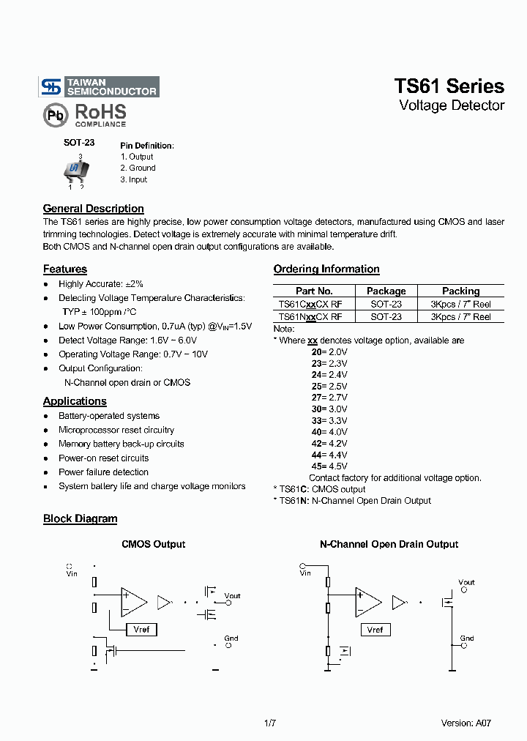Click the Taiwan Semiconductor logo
point(99,87)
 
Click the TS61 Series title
point(449,86)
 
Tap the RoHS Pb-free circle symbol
point(56,115)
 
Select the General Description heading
point(93,209)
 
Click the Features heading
point(64,269)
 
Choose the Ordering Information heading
point(326,269)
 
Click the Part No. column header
point(314,291)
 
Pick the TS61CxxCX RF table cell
point(310,304)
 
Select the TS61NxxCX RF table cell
point(310,317)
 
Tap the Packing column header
point(460,291)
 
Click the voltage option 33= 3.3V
point(329,420)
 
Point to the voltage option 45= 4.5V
point(329,466)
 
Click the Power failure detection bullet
point(103,472)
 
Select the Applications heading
point(75,401)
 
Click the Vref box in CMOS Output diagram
point(141,630)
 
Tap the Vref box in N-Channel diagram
point(375,630)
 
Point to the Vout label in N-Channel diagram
point(466,583)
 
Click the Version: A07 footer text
point(466,723)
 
